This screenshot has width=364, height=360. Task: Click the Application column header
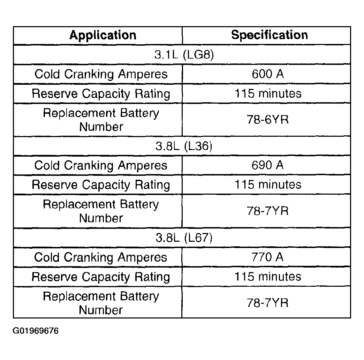tap(103, 35)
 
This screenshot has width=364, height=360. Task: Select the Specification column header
tap(270, 35)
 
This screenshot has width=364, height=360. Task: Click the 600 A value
tap(267, 74)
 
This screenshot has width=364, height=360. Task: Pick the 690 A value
tap(267, 165)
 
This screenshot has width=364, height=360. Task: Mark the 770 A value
tap(267, 257)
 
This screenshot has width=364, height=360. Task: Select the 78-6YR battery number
tap(267, 120)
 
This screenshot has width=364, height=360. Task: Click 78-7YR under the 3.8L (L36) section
tap(267, 211)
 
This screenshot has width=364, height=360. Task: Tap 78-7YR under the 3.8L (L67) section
tap(267, 302)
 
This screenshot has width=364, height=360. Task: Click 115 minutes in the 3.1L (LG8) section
tap(267, 93)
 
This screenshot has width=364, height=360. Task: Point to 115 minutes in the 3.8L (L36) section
tap(267, 184)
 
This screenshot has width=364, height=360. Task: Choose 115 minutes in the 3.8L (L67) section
tap(267, 277)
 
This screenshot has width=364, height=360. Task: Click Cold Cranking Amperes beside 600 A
tap(101, 74)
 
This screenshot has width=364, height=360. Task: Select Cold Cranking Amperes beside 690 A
tap(101, 165)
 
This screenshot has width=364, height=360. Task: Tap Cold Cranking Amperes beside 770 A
tap(101, 257)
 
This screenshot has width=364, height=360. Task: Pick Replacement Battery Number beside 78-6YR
tap(101, 120)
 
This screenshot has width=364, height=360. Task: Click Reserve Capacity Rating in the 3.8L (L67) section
tap(101, 277)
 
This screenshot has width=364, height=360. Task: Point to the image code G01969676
tap(36, 330)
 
